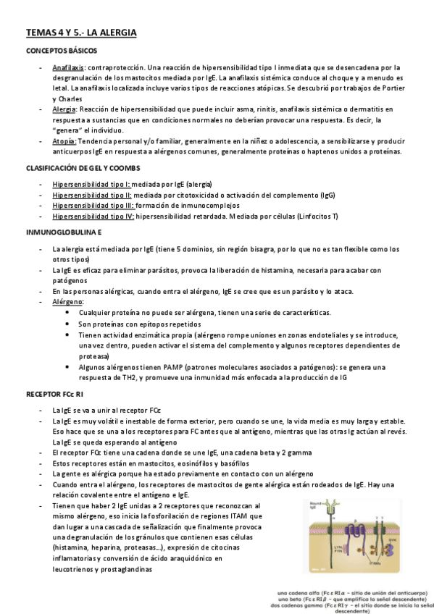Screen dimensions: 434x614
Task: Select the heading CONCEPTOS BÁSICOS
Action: coord(62,51)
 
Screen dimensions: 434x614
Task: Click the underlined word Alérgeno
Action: coord(67,302)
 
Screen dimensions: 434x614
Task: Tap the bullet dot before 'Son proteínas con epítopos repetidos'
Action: coord(67,323)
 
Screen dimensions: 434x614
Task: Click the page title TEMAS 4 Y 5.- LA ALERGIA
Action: coord(81,33)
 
